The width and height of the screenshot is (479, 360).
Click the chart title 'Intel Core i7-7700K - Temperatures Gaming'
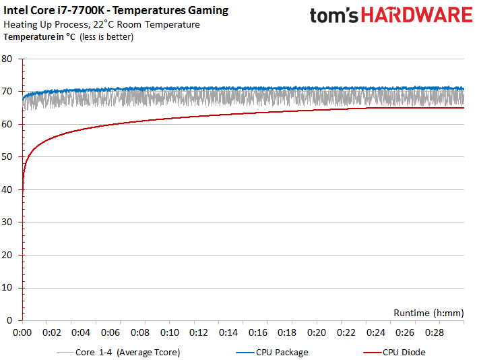pos(116,11)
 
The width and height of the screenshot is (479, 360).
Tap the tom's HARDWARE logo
pos(391,16)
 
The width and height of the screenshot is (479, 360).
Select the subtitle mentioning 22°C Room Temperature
pos(102,25)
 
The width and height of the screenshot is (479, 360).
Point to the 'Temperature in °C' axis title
pos(40,37)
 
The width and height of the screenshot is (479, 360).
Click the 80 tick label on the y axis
pos(8,59)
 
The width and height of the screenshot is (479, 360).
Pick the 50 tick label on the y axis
pos(8,157)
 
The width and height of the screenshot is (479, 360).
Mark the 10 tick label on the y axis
pos(8,288)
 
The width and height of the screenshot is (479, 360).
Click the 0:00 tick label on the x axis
pos(23,333)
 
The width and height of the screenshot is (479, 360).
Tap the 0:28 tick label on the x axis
pos(435,333)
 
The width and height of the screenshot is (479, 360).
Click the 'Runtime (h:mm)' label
pos(428,313)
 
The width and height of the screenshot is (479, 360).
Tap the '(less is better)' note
pos(106,37)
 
